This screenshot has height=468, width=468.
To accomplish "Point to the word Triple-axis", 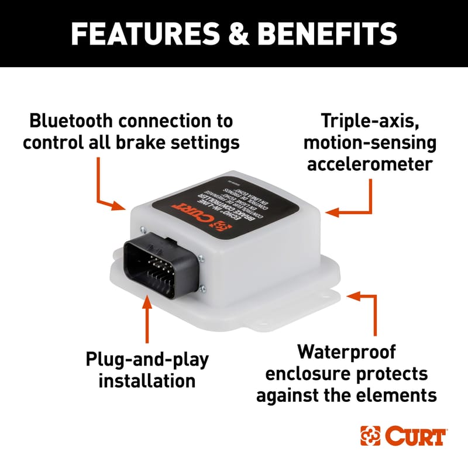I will (367, 121).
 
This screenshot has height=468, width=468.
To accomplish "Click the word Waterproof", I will (346, 352).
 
